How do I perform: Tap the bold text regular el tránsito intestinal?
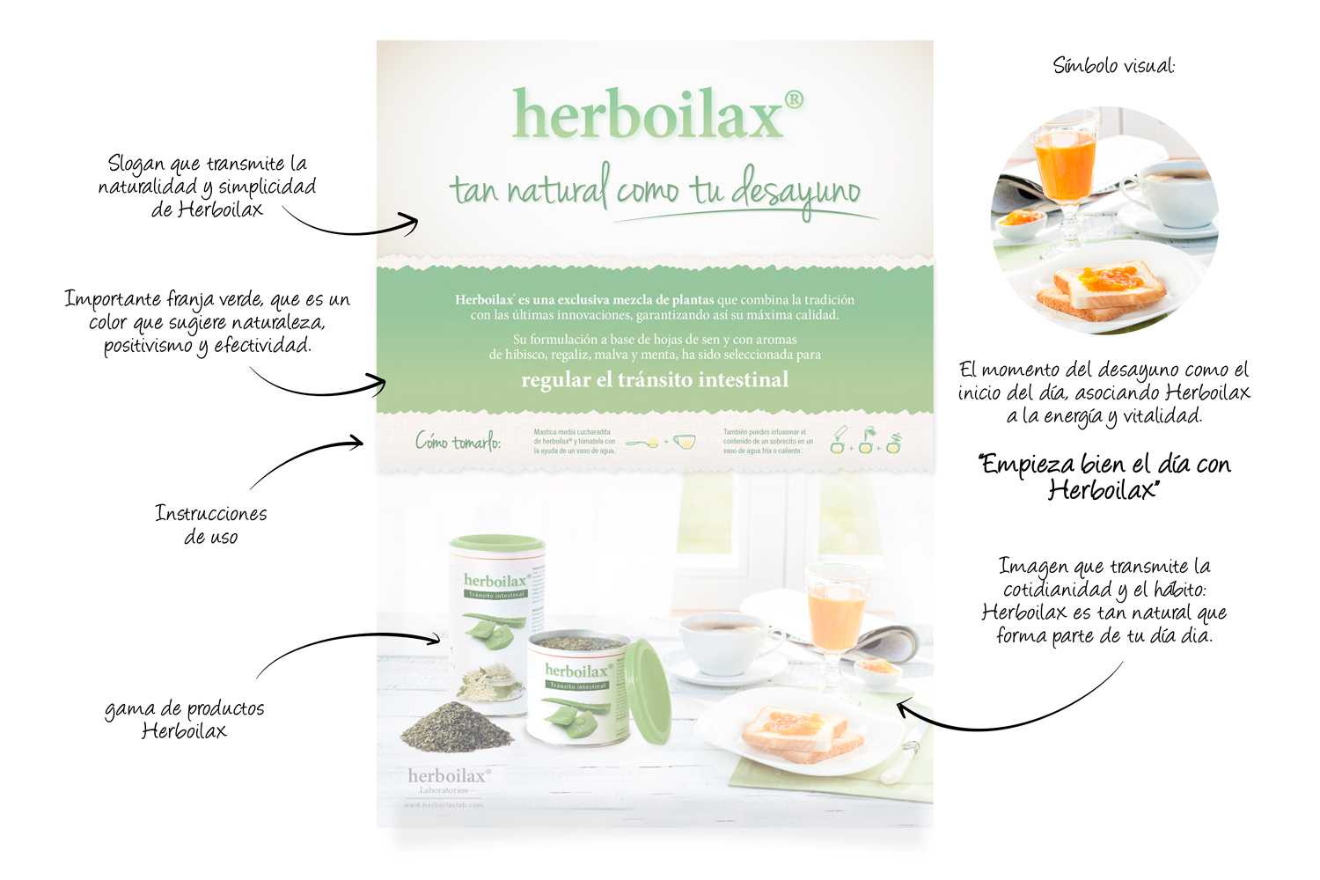(655, 380)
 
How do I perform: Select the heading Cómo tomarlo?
(458, 441)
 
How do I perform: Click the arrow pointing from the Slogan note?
(352, 228)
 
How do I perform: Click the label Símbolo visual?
(1113, 65)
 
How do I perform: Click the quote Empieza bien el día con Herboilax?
(1104, 476)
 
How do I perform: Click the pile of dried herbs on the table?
(457, 727)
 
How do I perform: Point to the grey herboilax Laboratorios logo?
(448, 779)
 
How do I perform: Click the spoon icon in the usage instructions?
(643, 443)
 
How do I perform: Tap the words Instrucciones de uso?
(211, 524)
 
